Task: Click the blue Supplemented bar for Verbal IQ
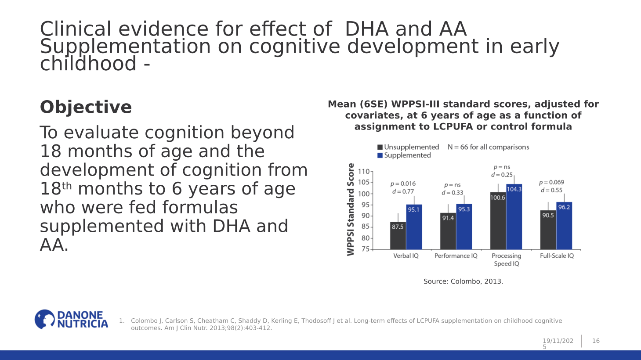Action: (x=414, y=228)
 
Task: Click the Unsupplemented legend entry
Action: (x=408, y=147)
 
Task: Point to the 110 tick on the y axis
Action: (x=364, y=172)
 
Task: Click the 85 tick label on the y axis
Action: (x=365, y=227)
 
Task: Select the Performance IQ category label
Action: (x=456, y=256)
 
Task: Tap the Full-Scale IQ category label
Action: (x=557, y=256)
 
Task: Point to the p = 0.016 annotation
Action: (x=403, y=184)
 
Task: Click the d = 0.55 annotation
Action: (x=551, y=191)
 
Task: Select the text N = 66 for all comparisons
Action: (x=488, y=147)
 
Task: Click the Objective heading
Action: (x=86, y=107)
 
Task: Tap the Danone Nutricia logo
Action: (x=71, y=320)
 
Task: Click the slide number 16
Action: (x=596, y=341)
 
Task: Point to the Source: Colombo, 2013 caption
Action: (x=463, y=281)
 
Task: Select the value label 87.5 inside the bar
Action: (x=398, y=227)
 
